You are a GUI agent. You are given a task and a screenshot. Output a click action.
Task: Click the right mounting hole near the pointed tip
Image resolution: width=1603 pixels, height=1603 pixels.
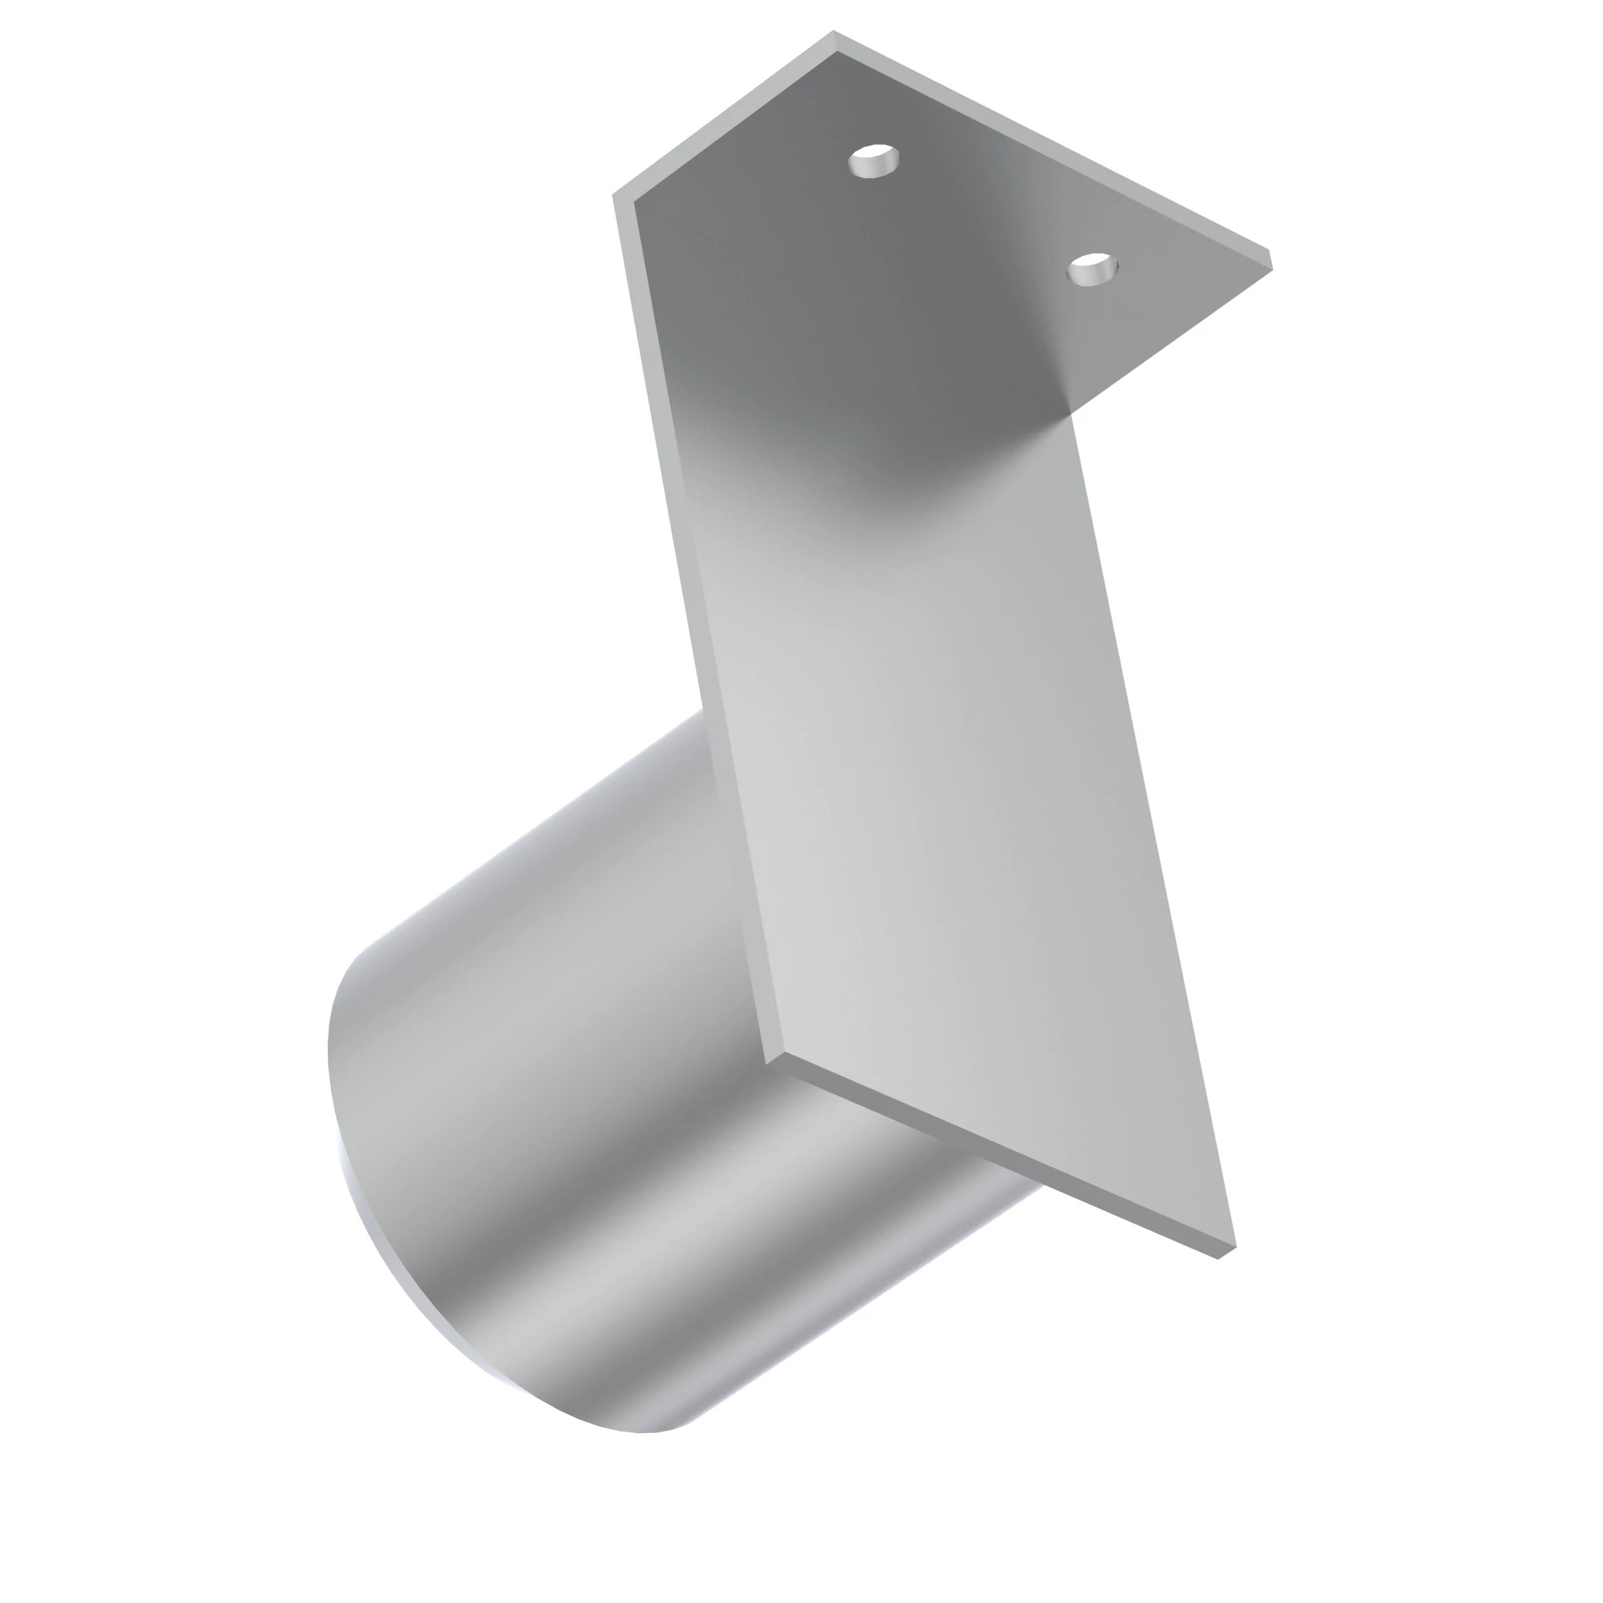click(1092, 268)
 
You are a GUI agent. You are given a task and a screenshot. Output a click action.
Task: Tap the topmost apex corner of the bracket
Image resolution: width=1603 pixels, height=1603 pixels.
click(833, 33)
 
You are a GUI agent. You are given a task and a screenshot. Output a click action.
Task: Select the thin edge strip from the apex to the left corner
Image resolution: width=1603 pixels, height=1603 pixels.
click(722, 116)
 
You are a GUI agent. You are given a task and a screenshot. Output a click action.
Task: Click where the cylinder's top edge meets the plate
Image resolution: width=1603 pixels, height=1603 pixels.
click(704, 711)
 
